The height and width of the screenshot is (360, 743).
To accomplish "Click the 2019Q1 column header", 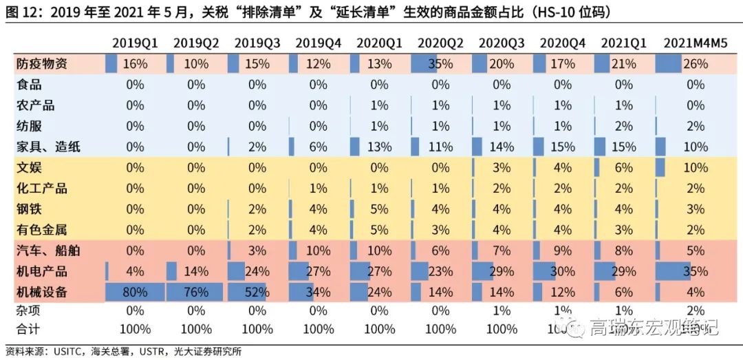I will [135, 43].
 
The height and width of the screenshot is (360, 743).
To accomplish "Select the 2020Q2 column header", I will [440, 43].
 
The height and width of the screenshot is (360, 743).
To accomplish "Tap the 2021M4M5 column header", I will [696, 43].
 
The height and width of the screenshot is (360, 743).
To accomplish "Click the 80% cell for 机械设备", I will [135, 291].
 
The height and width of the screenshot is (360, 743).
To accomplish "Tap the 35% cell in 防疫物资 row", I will [440, 64].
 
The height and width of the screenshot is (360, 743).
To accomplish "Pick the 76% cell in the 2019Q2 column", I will [196, 291].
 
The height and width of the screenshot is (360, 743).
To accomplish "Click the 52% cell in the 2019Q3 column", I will [257, 291].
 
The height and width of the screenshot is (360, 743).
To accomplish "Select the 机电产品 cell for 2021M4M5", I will [696, 271].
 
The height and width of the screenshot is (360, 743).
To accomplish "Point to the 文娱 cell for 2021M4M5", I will [696, 167].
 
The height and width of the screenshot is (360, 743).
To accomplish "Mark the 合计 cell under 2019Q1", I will [135, 328].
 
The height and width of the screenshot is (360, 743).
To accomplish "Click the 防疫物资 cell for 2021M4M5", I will [696, 64].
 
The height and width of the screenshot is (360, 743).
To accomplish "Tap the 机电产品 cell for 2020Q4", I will [562, 271].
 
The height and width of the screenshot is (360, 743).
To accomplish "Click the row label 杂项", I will [28, 311].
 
